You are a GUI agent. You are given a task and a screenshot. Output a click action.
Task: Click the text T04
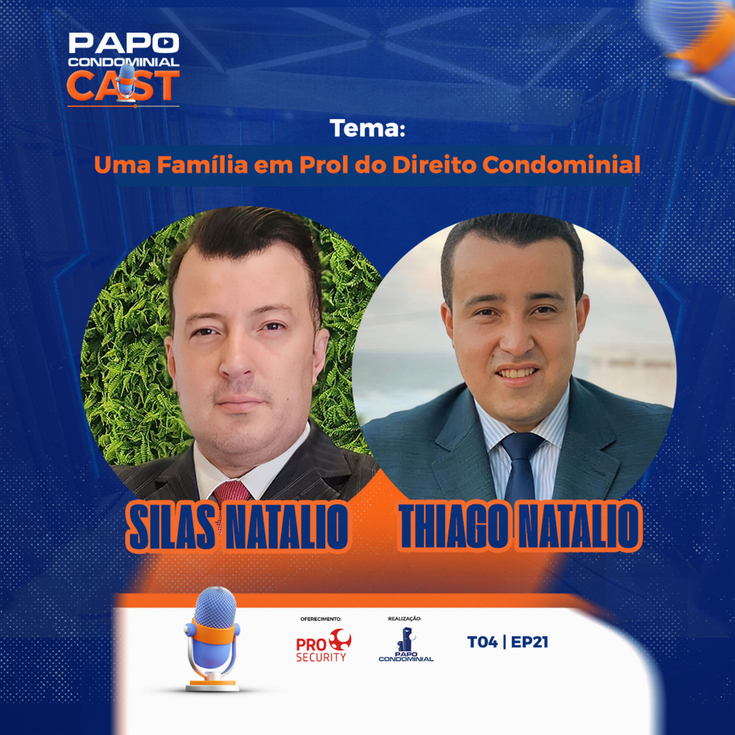(x=482, y=642)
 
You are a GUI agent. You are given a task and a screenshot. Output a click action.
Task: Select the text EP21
(x=529, y=642)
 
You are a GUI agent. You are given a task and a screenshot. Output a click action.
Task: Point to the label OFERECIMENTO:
(x=321, y=619)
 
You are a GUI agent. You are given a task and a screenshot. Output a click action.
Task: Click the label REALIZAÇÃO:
(x=404, y=619)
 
